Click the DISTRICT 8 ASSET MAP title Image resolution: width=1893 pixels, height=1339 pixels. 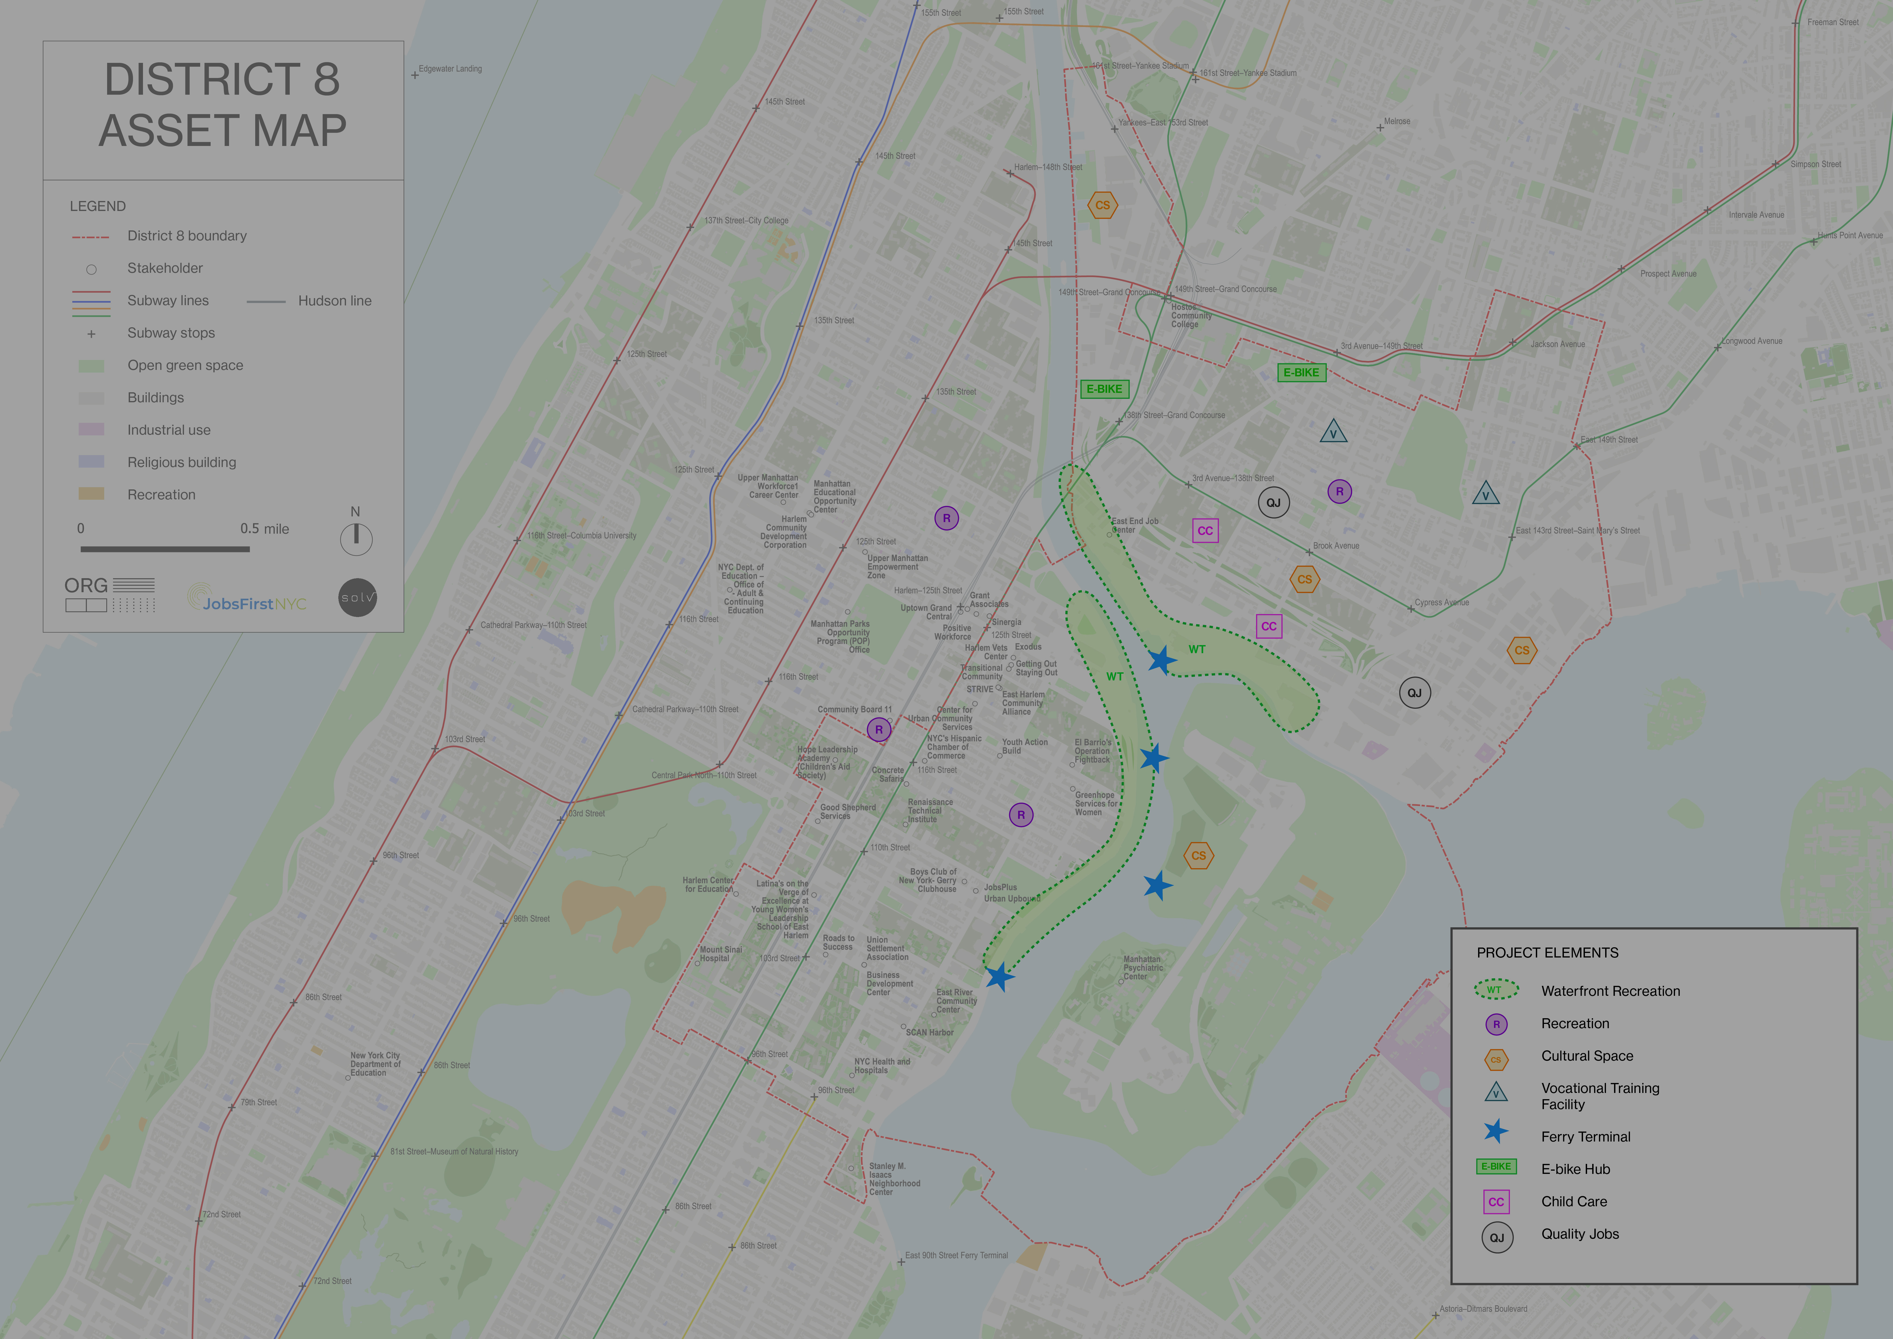(x=223, y=105)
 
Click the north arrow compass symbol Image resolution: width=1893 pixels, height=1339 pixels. (x=356, y=539)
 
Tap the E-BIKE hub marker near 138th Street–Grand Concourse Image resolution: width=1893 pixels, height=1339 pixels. (x=1104, y=389)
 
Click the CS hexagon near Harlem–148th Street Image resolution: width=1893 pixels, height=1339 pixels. (x=1102, y=205)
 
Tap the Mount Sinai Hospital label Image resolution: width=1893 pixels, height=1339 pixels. (x=721, y=954)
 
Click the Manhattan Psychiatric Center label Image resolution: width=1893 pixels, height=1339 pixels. (x=1143, y=968)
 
